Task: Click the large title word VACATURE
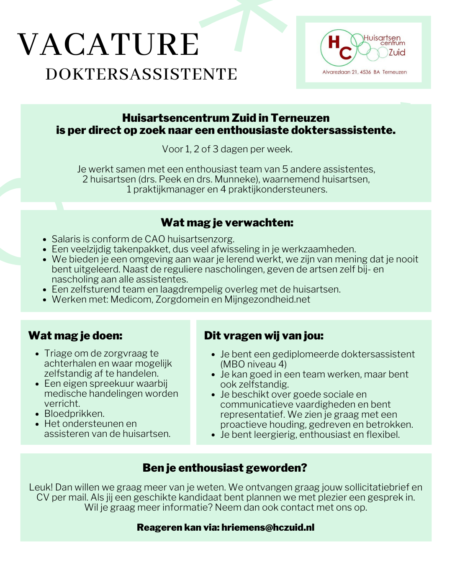tap(108, 44)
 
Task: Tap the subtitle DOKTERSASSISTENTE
tap(141, 74)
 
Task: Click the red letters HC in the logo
tap(339, 47)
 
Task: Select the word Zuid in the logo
tap(397, 52)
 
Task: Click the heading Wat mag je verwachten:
tap(227, 223)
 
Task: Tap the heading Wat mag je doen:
tap(75, 336)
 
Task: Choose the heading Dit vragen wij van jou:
tap(264, 336)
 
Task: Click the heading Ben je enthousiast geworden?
tap(225, 468)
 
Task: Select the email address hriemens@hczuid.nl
tap(268, 527)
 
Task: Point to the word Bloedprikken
tap(74, 413)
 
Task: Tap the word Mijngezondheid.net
tap(267, 299)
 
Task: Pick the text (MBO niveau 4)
tap(254, 364)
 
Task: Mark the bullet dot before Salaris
tap(45, 240)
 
